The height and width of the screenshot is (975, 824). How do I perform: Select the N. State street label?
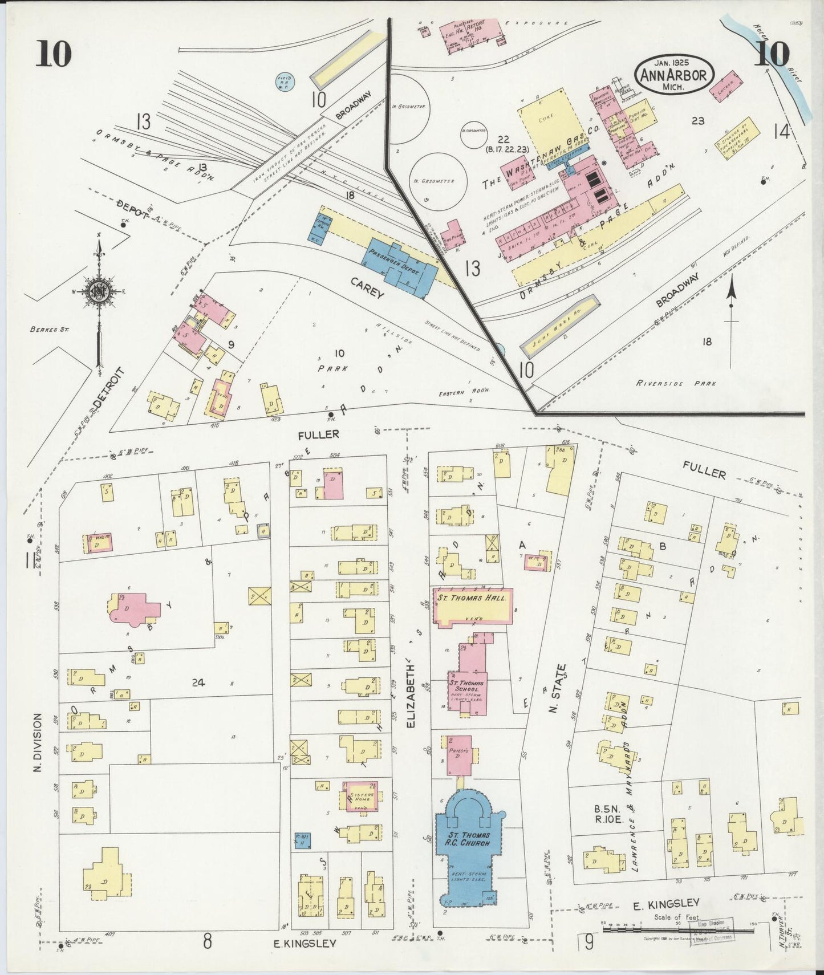(561, 688)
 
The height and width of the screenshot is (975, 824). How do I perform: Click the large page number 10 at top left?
(55, 54)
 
